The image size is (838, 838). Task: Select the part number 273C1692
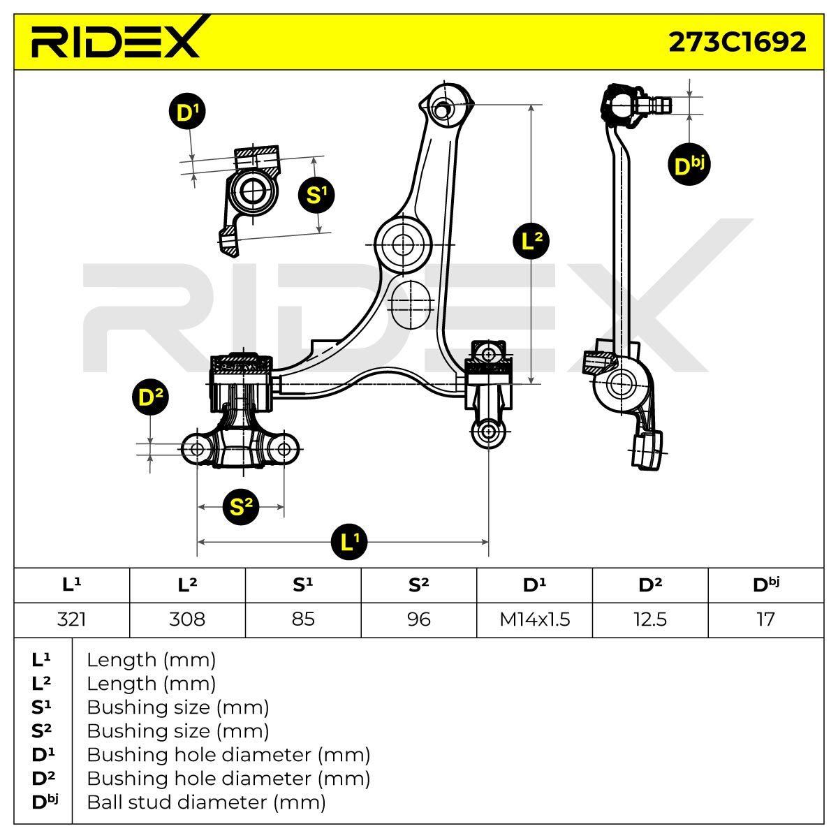point(737,42)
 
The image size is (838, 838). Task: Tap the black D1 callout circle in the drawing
point(187,111)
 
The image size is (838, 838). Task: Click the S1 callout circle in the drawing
point(316,195)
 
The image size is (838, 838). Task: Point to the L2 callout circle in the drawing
point(531,241)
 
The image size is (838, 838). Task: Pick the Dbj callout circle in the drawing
point(689,164)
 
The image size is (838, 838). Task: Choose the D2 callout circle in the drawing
point(150,397)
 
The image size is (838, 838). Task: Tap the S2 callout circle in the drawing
point(240,506)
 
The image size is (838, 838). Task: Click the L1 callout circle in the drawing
point(348,542)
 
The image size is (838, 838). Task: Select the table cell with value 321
point(72,619)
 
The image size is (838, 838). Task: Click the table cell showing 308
point(187,619)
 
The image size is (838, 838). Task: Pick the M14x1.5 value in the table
point(534,619)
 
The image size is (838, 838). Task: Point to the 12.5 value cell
point(650,619)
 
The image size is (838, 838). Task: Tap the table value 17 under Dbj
point(765,619)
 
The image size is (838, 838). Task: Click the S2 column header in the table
point(419,585)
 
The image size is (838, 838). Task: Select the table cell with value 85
point(303,619)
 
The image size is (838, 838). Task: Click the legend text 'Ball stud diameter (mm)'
point(206,802)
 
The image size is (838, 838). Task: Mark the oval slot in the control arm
point(411,304)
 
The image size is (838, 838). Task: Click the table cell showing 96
point(419,619)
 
